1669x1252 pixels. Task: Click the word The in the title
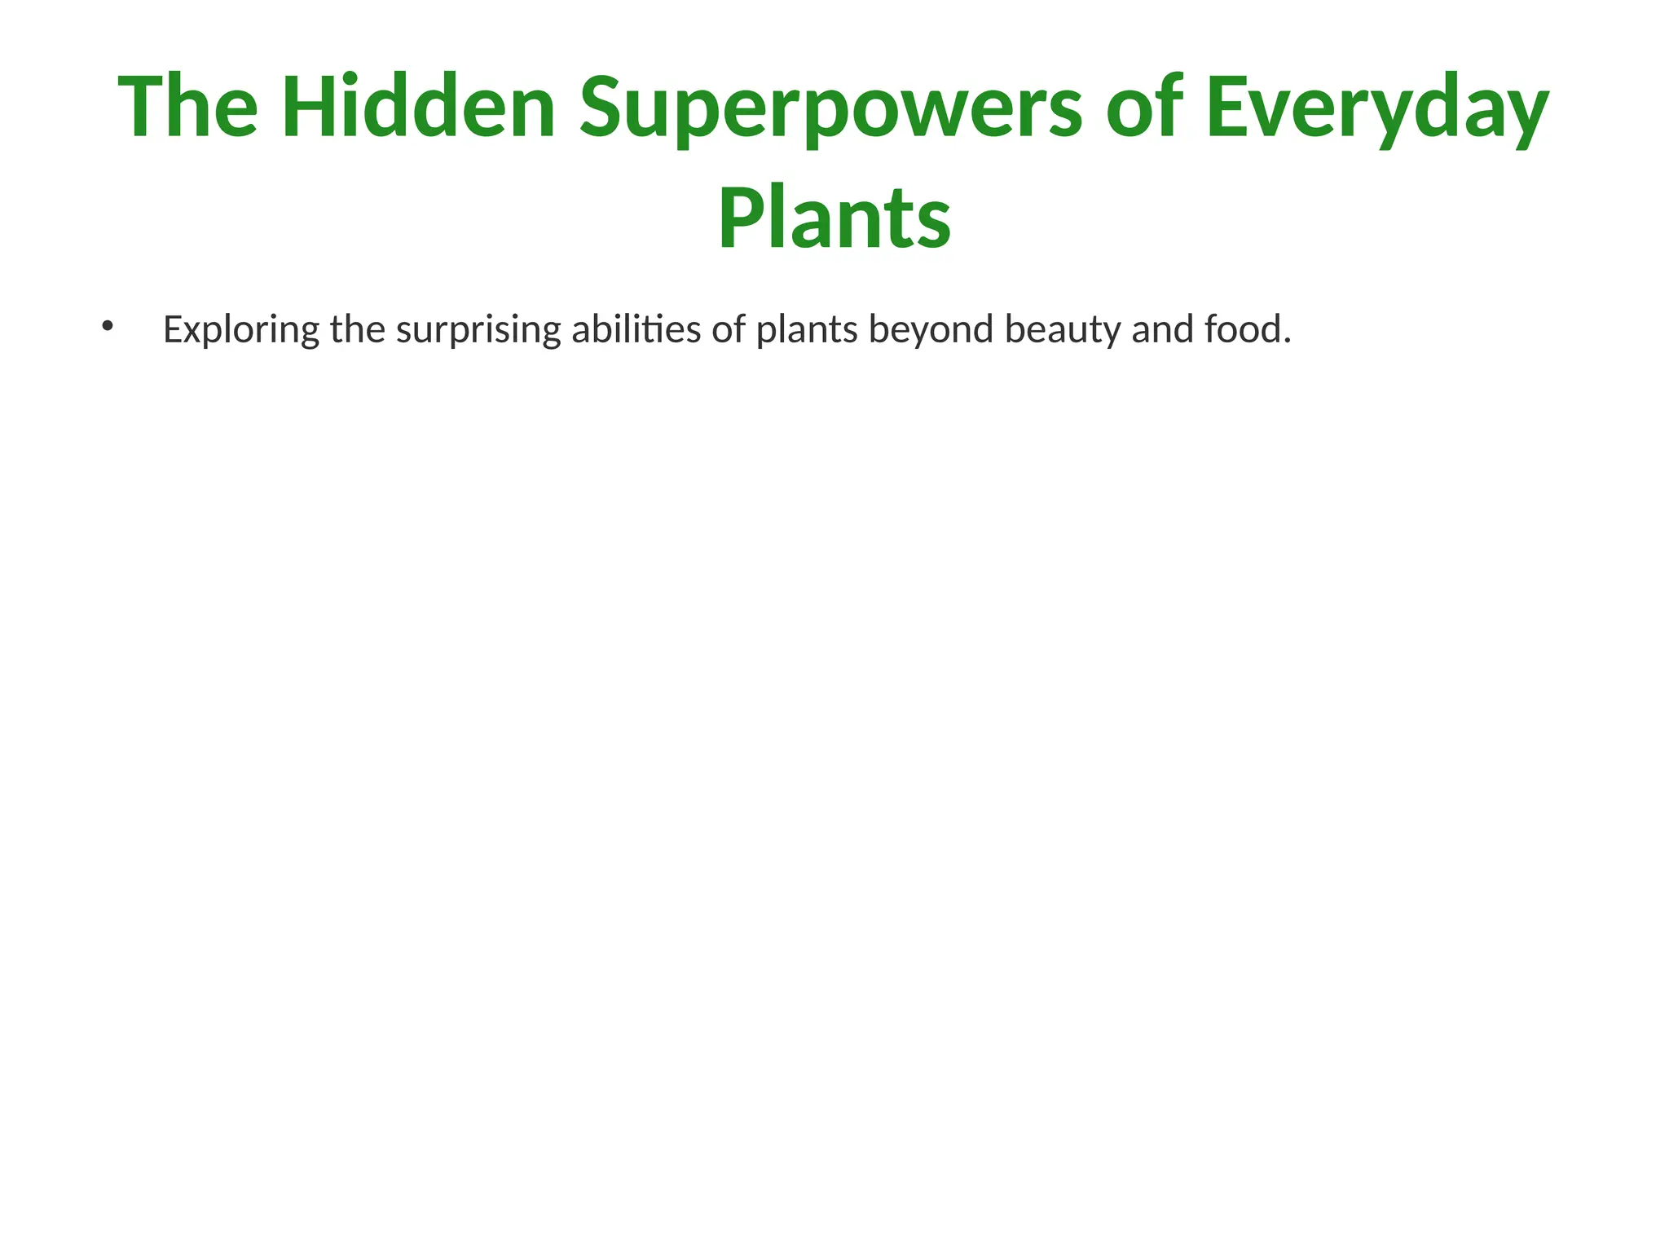pos(188,107)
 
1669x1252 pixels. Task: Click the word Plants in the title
pos(834,218)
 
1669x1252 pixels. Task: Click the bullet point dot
pos(107,328)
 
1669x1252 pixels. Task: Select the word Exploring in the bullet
pos(241,330)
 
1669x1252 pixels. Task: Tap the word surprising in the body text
pos(478,330)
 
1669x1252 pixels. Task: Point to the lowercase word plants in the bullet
pos(807,330)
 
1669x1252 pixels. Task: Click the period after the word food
pos(1287,340)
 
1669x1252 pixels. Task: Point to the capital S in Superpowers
pos(604,107)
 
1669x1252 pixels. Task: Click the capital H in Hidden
pos(312,107)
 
